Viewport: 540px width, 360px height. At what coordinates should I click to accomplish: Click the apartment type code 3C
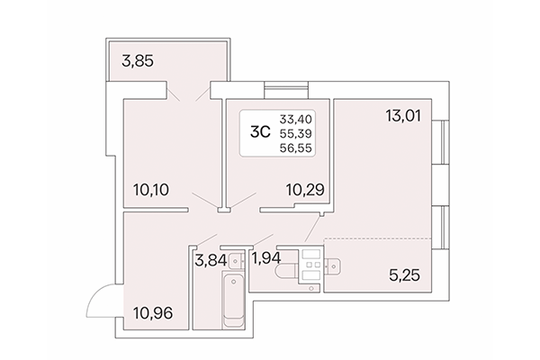point(259,131)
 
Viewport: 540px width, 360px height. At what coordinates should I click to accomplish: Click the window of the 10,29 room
point(285,88)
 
